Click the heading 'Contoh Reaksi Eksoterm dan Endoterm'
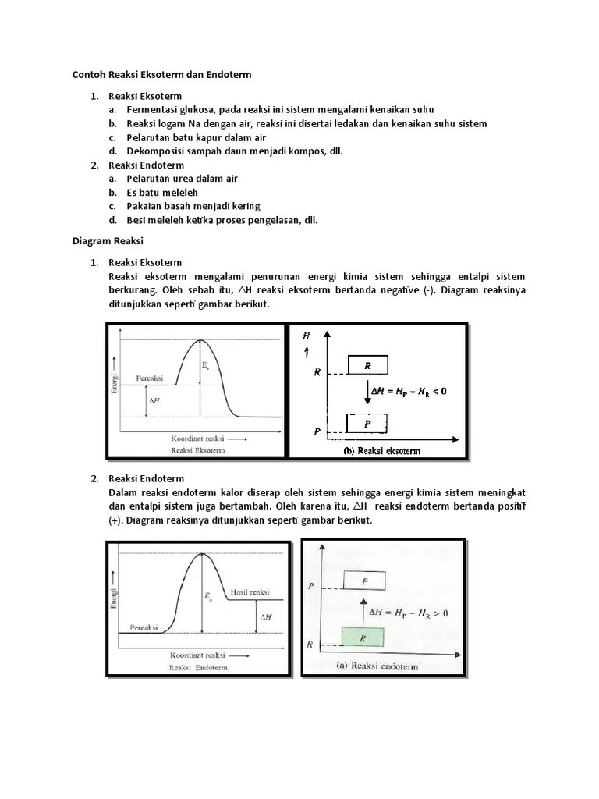pyautogui.click(x=162, y=74)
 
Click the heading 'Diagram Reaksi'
pyautogui.click(x=108, y=242)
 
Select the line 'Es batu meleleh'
pyautogui.click(x=162, y=192)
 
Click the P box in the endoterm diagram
pyautogui.click(x=363, y=581)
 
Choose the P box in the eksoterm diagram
pyautogui.click(x=367, y=424)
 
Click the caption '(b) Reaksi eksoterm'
pyautogui.click(x=381, y=451)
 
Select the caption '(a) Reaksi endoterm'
pyautogui.click(x=377, y=666)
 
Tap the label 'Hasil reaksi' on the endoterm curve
pyautogui.click(x=250, y=589)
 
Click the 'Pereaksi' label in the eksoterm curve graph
pyautogui.click(x=149, y=378)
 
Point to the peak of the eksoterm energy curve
pyautogui.click(x=201, y=341)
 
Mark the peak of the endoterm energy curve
pyautogui.click(x=203, y=554)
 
